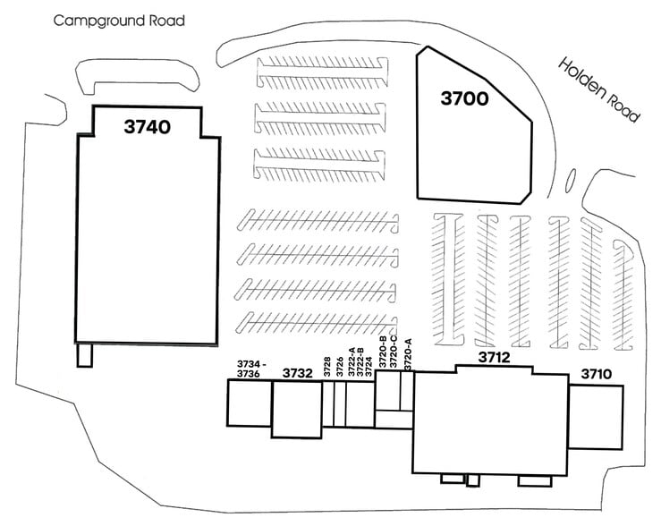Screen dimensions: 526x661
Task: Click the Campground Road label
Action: coord(119,20)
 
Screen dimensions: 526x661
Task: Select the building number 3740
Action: coord(148,127)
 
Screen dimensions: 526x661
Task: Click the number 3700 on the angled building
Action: coord(464,98)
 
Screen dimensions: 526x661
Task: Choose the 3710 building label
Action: coord(597,374)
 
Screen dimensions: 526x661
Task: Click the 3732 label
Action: coord(297,373)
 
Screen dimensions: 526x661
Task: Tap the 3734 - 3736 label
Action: coord(248,369)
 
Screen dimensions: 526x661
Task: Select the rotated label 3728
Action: coord(328,368)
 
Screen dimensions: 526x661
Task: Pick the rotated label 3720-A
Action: coord(408,354)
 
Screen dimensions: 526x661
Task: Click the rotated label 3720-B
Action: coord(383,352)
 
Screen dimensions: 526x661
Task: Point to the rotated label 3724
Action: coord(369,368)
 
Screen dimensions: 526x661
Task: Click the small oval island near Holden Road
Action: coord(572,180)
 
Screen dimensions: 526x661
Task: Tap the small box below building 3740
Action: coord(84,355)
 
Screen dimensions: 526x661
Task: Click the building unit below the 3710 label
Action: coord(596,417)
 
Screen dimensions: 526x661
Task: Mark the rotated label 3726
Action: coord(340,368)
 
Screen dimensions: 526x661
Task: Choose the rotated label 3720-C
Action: coord(394,352)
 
